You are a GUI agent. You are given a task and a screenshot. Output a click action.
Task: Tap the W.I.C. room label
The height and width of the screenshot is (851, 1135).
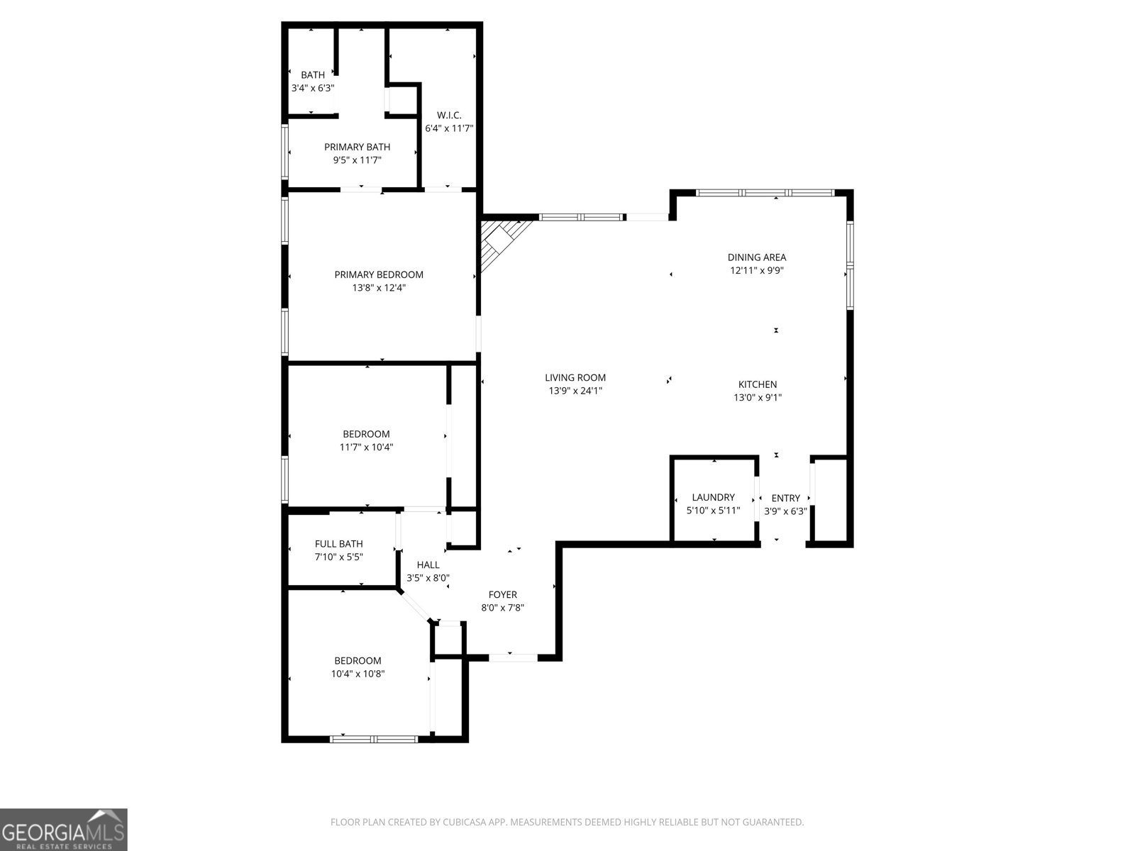click(449, 115)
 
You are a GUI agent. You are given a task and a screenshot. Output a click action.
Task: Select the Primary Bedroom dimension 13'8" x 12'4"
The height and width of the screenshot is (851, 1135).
click(379, 288)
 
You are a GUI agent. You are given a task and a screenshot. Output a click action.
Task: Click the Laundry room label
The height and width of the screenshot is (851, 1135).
click(713, 497)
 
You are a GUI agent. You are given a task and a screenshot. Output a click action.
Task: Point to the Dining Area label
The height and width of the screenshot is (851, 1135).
click(756, 257)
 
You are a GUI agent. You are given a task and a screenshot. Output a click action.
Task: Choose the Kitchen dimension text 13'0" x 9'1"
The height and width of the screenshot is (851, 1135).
click(757, 398)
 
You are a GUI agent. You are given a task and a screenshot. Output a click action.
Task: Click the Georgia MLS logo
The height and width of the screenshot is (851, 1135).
click(63, 829)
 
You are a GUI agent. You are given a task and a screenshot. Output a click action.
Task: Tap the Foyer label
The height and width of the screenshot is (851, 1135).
click(502, 594)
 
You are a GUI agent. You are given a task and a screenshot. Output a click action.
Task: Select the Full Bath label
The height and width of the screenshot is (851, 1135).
click(338, 544)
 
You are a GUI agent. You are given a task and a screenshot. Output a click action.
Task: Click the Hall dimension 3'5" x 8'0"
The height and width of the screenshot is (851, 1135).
click(428, 578)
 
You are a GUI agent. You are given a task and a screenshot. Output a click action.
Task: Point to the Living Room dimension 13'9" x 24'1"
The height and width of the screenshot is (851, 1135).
click(575, 391)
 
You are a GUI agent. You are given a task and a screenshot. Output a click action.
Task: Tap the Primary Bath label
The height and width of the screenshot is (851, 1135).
click(357, 147)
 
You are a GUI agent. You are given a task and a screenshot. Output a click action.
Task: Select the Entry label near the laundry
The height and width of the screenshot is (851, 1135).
click(785, 498)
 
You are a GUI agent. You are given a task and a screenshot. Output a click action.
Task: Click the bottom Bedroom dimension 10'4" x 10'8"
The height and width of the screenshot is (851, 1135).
click(358, 674)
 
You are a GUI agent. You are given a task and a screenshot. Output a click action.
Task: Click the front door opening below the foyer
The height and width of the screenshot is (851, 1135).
click(513, 657)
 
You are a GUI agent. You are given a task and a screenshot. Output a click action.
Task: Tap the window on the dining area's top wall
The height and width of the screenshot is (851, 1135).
click(764, 192)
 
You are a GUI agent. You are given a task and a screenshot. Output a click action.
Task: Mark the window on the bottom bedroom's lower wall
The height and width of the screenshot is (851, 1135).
click(374, 739)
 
